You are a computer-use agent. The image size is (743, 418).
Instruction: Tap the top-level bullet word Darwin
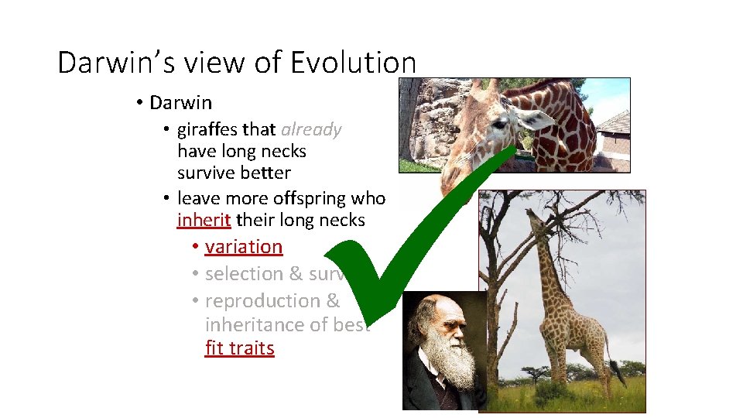pyautogui.click(x=180, y=102)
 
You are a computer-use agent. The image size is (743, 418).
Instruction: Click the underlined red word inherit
pyautogui.click(x=204, y=220)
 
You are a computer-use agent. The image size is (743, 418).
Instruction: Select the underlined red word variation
pyautogui.click(x=244, y=246)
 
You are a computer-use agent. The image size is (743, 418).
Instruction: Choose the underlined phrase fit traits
pyautogui.click(x=239, y=348)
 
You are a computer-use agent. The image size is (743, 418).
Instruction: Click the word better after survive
pyautogui.click(x=265, y=173)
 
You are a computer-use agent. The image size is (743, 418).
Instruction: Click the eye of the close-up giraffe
pyautogui.click(x=500, y=123)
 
